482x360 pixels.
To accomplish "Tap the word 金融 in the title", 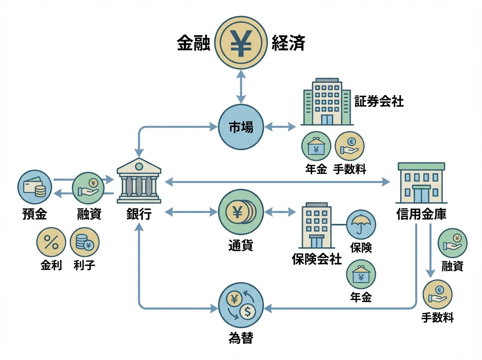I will (x=194, y=43).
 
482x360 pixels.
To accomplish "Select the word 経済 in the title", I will (x=288, y=43).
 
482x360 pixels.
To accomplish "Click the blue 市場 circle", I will (x=241, y=127).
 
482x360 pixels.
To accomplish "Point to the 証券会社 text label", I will (x=379, y=102).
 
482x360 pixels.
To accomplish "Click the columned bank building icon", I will (x=139, y=181).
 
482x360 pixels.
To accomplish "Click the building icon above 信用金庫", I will (x=421, y=183).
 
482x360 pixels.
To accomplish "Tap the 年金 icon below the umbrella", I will (x=361, y=274).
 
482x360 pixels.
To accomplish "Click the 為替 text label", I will (x=241, y=337).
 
